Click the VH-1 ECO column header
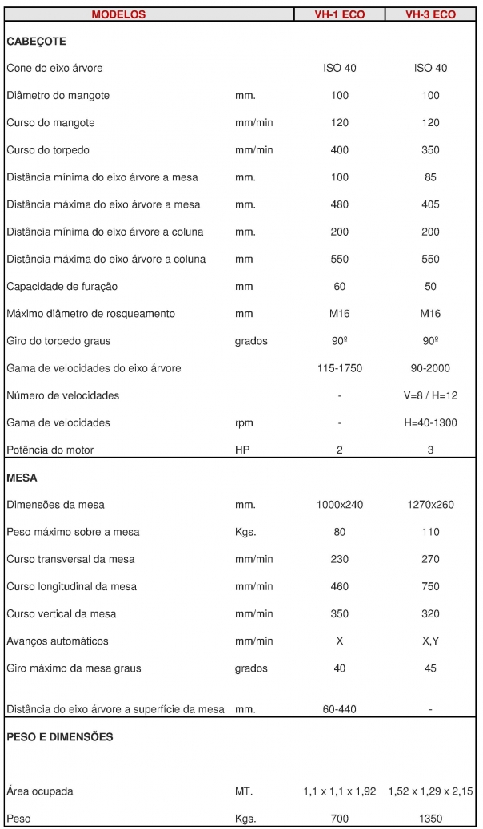click(340, 14)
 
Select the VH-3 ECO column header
click(430, 14)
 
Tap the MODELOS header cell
click(118, 14)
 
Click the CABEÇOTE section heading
click(36, 41)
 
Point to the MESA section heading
click(22, 478)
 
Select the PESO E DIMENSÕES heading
click(59, 736)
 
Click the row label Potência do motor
click(50, 450)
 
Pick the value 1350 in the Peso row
click(430, 819)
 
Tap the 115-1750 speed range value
click(340, 368)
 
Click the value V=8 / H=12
click(430, 395)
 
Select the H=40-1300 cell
click(430, 422)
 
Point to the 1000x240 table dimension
click(340, 505)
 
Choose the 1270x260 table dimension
click(430, 505)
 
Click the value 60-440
click(340, 709)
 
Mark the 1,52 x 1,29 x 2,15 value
click(430, 791)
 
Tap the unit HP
click(242, 450)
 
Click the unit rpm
click(244, 422)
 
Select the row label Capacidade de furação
click(62, 286)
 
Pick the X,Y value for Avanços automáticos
click(430, 641)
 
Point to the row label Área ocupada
click(40, 791)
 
